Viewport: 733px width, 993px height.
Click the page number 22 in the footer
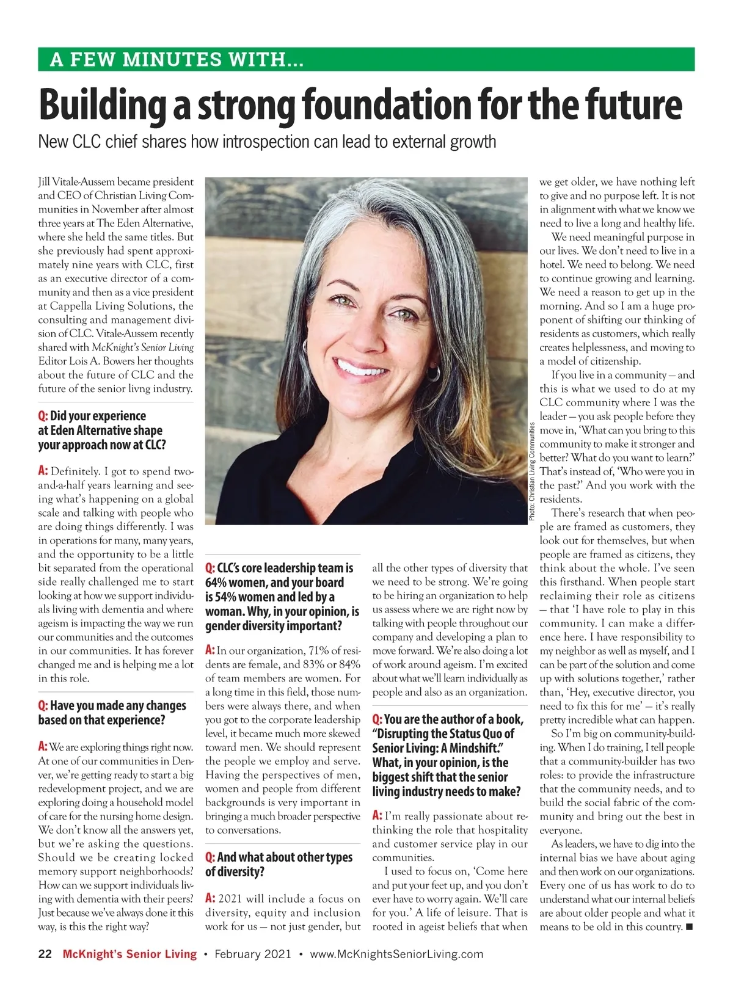tap(45, 954)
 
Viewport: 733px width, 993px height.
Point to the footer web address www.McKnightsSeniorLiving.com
tap(396, 954)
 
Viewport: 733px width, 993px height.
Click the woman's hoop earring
tap(433, 373)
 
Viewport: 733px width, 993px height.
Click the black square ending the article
tap(690, 927)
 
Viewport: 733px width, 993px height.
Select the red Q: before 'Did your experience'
tap(43, 416)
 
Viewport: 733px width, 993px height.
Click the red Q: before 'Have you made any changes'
tap(43, 705)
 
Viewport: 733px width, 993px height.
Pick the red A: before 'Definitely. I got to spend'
tap(43, 471)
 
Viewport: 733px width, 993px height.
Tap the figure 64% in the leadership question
tap(216, 583)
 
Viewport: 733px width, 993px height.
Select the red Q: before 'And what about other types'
tap(210, 857)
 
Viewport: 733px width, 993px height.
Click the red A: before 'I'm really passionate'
tap(377, 816)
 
